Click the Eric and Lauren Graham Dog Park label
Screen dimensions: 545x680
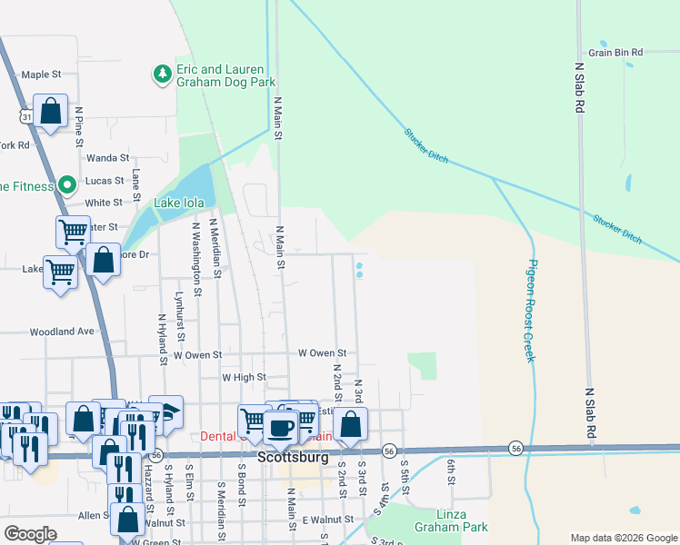222,75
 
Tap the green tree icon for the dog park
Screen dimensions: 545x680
162,74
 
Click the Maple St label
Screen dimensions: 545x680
41,74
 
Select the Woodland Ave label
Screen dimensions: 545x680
62,332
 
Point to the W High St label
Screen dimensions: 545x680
244,376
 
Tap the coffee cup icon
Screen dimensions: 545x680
282,425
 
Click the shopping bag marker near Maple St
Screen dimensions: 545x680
52,111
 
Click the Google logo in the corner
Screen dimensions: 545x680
31,534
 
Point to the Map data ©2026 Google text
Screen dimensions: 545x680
624,538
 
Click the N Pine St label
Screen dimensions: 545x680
80,127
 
